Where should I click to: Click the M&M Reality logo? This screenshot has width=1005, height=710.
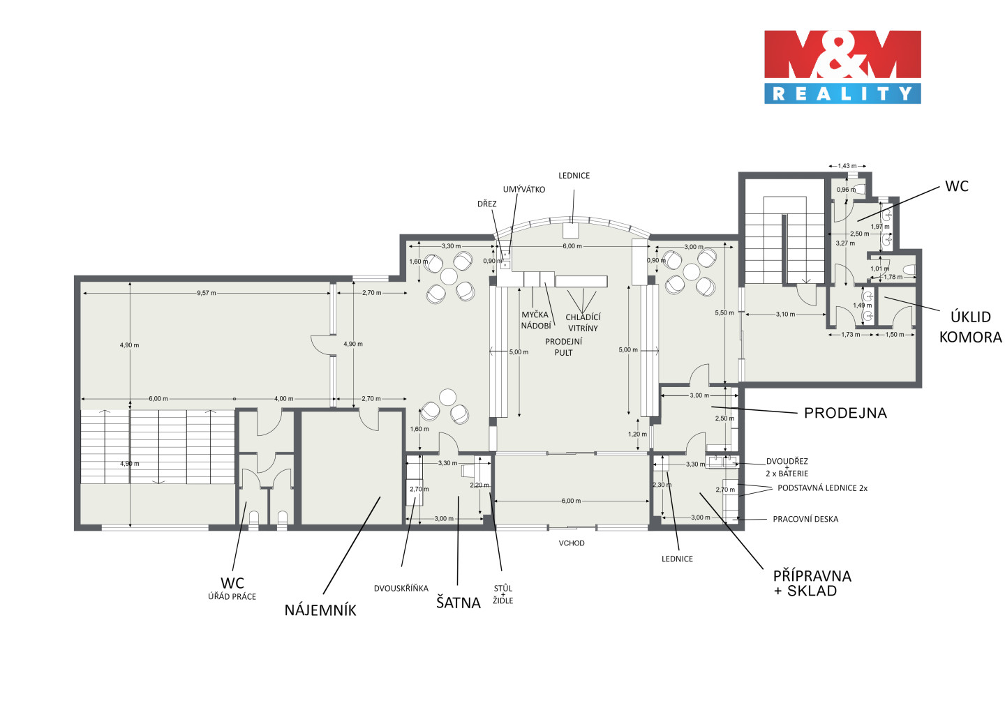(842, 67)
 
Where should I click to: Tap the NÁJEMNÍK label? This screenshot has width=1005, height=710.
(320, 610)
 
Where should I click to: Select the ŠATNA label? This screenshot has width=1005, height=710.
(458, 603)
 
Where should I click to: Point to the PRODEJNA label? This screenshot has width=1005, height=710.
(845, 413)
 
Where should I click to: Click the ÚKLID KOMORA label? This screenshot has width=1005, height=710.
(970, 327)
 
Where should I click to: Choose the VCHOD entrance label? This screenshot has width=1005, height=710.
(572, 543)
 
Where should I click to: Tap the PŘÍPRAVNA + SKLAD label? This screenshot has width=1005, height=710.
(812, 583)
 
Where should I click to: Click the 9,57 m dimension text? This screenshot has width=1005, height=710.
(207, 293)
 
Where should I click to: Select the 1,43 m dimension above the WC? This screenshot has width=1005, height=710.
(847, 166)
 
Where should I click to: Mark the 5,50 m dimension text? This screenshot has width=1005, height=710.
(724, 313)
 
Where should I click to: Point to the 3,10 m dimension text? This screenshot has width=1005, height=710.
(785, 315)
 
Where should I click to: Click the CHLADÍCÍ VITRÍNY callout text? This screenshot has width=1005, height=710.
(583, 322)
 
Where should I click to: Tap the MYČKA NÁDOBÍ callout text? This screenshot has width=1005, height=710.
(535, 320)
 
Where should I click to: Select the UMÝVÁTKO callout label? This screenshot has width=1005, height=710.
(524, 190)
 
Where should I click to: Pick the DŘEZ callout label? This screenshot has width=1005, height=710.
(487, 204)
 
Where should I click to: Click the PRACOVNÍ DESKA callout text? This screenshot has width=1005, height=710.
(805, 519)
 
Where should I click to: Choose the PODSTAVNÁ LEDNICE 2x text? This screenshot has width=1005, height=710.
(822, 488)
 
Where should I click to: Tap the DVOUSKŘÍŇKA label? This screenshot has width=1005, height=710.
(401, 588)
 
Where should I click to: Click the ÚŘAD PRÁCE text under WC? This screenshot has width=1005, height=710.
(232, 596)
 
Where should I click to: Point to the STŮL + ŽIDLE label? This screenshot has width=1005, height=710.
(503, 594)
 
